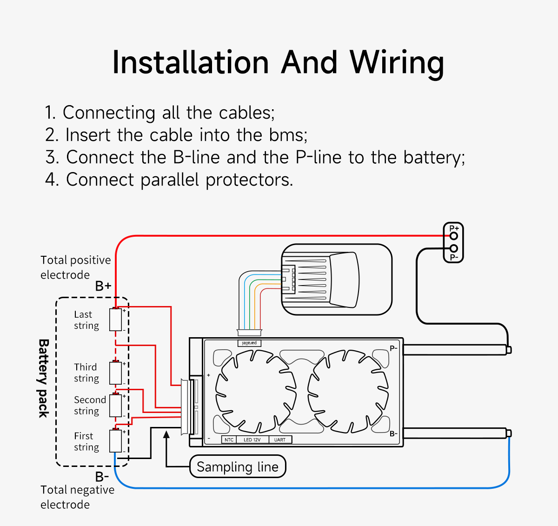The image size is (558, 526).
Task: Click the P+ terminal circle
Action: pyautogui.click(x=454, y=236)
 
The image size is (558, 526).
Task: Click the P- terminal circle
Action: pyautogui.click(x=454, y=248)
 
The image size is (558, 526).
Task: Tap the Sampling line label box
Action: pyautogui.click(x=238, y=466)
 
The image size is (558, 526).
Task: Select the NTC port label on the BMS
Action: pyautogui.click(x=229, y=439)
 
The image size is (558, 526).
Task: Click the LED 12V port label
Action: pyautogui.click(x=252, y=439)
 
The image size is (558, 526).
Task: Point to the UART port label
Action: pyautogui.click(x=280, y=439)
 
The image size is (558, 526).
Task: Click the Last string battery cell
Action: pyautogui.click(x=115, y=320)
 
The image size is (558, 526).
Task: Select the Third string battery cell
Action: pyautogui.click(x=115, y=373)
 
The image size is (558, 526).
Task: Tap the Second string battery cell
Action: pyautogui.click(x=115, y=406)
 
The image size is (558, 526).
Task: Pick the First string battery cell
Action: pyautogui.click(x=115, y=441)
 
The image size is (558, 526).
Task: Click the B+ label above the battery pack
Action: pyautogui.click(x=103, y=286)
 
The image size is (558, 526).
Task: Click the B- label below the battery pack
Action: pyautogui.click(x=102, y=477)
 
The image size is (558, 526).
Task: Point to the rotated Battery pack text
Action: pyautogui.click(x=43, y=378)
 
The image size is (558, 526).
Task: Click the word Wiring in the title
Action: pyautogui.click(x=397, y=63)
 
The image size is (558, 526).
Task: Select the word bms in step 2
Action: pyautogui.click(x=287, y=135)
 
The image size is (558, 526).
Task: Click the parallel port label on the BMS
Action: pyautogui.click(x=249, y=343)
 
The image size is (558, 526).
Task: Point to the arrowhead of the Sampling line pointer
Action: pyautogui.click(x=166, y=434)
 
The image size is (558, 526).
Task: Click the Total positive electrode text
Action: pyautogui.click(x=75, y=267)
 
